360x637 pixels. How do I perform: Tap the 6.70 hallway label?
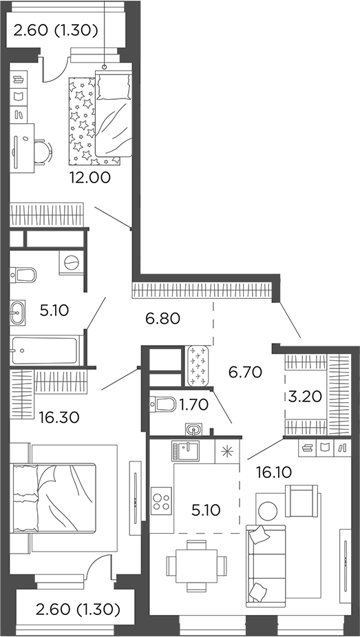point(245,373)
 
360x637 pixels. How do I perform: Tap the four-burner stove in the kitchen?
point(162,499)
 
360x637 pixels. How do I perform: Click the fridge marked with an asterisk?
point(225,450)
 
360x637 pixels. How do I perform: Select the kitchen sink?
point(186,451)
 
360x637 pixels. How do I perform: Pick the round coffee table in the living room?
point(267,510)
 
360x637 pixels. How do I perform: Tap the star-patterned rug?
point(82,122)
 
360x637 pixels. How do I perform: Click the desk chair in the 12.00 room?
point(42,152)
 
